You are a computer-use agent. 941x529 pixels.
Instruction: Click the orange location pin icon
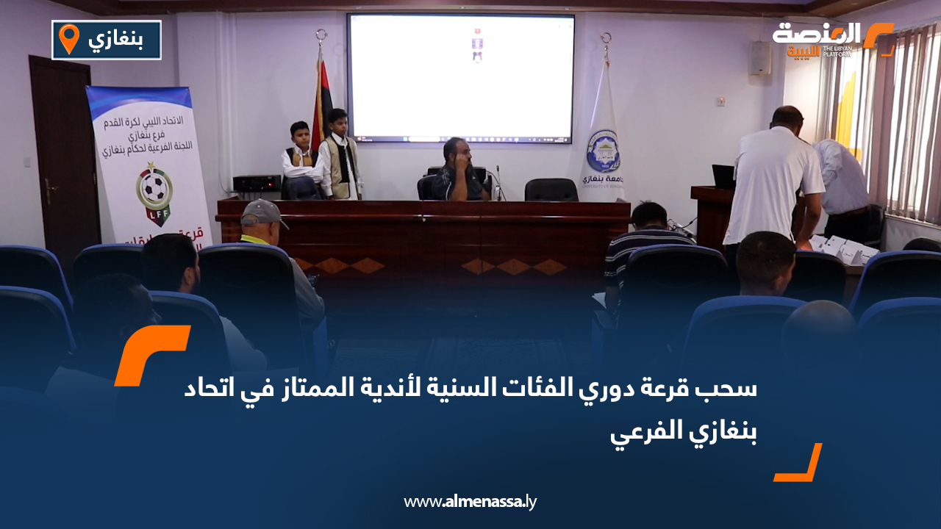tap(68, 39)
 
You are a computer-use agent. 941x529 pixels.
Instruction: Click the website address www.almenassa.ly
tap(470, 502)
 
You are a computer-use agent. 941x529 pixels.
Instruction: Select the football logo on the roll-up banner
tap(154, 193)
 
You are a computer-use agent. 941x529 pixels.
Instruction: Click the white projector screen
tap(460, 77)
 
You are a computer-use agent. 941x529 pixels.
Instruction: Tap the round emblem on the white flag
tap(603, 151)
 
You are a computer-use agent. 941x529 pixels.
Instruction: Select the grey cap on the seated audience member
tap(262, 213)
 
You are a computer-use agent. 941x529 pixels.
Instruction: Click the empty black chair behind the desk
tap(551, 190)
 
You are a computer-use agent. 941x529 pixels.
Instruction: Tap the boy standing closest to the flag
tap(339, 156)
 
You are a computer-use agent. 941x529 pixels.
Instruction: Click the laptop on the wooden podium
tap(723, 176)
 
